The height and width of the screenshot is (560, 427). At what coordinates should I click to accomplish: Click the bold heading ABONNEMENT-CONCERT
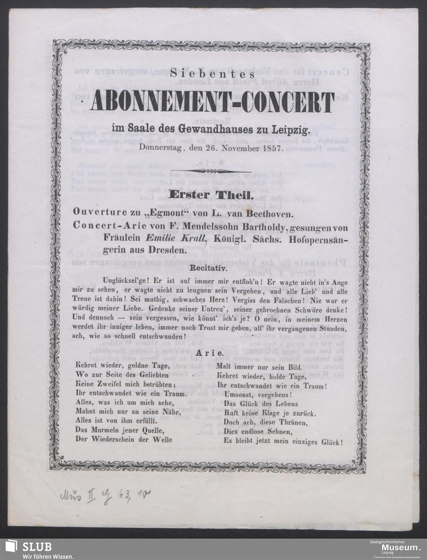213,101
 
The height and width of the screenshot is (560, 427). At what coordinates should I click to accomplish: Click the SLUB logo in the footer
30,549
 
